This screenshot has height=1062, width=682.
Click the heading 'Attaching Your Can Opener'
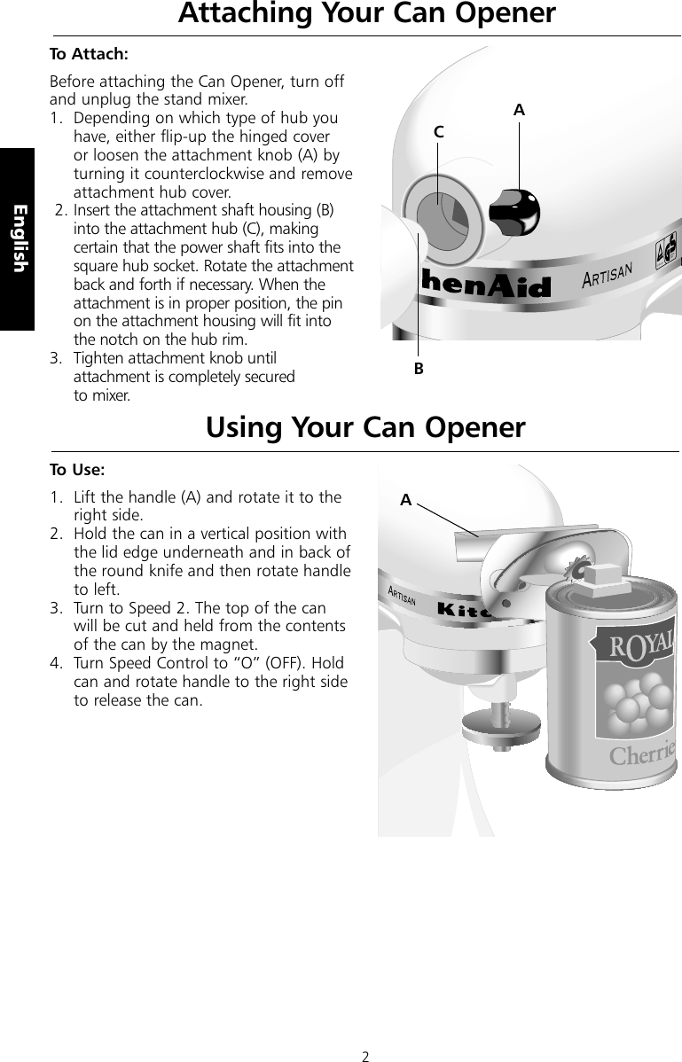(366, 14)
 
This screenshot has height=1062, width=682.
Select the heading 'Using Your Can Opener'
(365, 427)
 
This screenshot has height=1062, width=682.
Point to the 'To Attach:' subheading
(89, 54)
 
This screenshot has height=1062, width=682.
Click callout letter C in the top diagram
(438, 131)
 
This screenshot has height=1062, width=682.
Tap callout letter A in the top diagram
(519, 110)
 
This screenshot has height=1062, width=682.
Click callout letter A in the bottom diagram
(405, 500)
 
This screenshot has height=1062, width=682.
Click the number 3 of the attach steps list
(55, 358)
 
